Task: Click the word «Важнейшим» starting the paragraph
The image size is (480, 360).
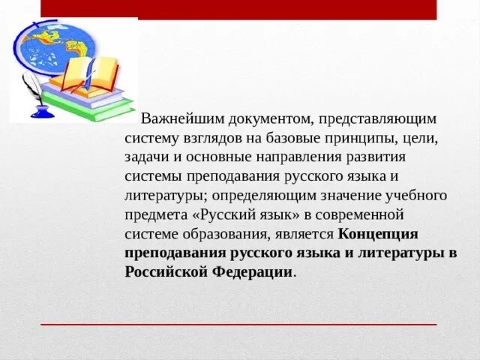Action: [x=177, y=118]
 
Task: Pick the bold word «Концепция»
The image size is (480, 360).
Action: [x=378, y=234]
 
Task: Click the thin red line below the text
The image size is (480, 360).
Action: [x=238, y=325]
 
